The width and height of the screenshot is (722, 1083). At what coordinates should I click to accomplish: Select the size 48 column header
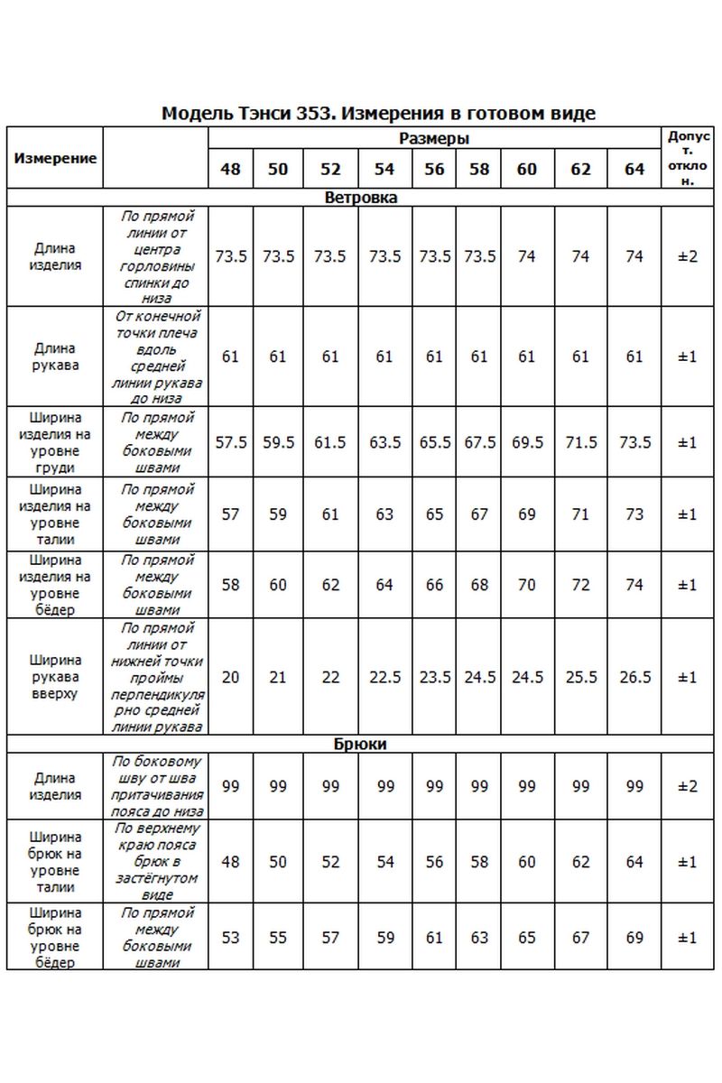(230, 169)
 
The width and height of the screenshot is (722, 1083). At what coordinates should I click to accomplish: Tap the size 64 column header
(634, 169)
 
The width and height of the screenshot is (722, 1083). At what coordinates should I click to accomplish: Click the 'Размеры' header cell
(434, 139)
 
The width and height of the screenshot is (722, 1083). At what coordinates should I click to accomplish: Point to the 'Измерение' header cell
(55, 158)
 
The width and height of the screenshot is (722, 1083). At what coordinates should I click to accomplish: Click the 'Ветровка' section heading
(360, 197)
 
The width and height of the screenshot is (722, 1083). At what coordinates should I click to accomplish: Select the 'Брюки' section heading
(360, 745)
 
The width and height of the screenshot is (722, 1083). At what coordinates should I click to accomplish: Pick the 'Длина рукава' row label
(55, 356)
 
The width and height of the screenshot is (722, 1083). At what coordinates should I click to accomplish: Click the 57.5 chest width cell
(230, 442)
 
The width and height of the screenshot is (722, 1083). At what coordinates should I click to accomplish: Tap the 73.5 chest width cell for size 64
(634, 442)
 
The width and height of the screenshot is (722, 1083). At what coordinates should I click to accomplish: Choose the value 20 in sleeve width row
(230, 677)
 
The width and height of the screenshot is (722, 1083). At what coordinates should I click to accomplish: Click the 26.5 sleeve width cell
(634, 677)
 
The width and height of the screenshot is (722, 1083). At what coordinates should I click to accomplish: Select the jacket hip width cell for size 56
(434, 585)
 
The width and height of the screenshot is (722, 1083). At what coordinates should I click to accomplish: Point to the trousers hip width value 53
(230, 938)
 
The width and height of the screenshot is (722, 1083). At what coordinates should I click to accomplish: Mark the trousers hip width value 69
(634, 938)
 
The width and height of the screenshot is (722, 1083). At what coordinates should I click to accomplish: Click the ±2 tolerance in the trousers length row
(688, 786)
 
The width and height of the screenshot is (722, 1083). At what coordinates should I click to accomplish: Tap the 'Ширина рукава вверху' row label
(55, 677)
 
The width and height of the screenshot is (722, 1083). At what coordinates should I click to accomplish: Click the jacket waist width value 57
(230, 514)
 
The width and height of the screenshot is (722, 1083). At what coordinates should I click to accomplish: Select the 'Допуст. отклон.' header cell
(688, 158)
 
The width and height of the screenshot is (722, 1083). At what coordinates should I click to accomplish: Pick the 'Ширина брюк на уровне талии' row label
(55, 862)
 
